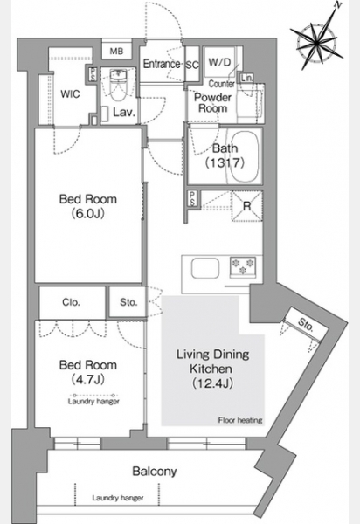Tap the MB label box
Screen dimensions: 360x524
point(117,52)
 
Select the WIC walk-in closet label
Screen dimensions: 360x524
point(70,94)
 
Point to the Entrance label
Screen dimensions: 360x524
point(162,64)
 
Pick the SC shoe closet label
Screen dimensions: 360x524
point(192,65)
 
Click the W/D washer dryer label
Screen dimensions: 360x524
point(219,62)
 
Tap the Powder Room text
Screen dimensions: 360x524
point(213,103)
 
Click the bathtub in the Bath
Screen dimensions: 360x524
point(244,156)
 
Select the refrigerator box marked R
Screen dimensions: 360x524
point(246,206)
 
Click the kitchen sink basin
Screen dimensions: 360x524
point(205,269)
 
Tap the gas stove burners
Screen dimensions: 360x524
point(243,266)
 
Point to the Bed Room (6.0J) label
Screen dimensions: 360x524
point(88,206)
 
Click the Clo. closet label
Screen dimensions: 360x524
point(71,302)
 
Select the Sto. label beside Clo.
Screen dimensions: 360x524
point(128,302)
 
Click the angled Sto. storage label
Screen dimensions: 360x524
point(306,324)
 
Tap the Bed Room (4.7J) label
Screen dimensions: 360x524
point(88,372)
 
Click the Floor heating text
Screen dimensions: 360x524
point(240,420)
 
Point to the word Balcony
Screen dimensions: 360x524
point(155,472)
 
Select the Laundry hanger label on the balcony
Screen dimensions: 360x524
point(118,498)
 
